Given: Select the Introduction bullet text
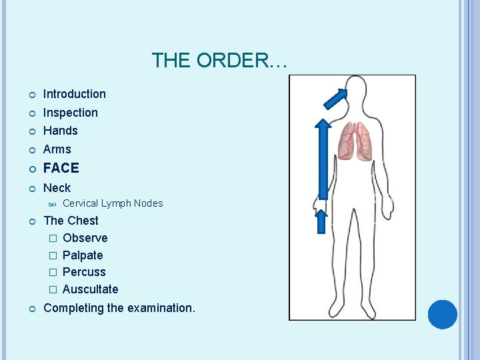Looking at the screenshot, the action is click(74, 94).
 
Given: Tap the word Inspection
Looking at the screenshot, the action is click(70, 113).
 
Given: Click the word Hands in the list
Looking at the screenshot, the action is click(60, 131).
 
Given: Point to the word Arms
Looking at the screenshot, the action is click(57, 149).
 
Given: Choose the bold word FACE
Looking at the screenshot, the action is click(61, 168).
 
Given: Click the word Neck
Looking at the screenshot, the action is click(57, 188).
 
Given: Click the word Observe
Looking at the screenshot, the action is click(85, 238).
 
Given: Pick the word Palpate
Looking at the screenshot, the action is click(82, 255).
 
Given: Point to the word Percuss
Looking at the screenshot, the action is click(84, 272).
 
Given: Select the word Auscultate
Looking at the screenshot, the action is click(90, 289).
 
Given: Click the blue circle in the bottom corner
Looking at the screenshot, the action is click(442, 315).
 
